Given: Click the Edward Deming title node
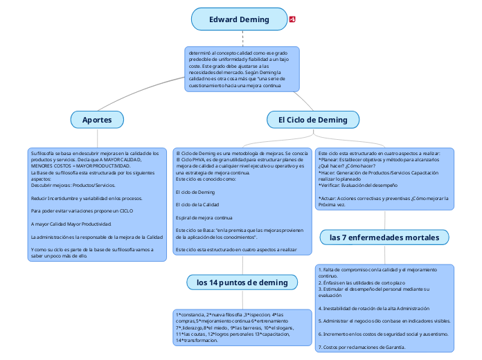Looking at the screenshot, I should click(239, 19).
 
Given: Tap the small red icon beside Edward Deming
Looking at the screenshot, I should click(293, 19).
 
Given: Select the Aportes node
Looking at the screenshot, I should click(97, 120).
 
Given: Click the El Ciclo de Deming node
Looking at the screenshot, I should click(313, 120).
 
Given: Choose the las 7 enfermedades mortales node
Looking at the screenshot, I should click(384, 237).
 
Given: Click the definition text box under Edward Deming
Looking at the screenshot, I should click(242, 69).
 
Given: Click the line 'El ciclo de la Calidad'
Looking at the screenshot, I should click(197, 205).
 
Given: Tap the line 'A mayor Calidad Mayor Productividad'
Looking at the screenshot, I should click(71, 224).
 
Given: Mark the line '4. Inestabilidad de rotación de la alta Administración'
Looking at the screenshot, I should click(373, 308).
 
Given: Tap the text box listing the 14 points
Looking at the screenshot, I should click(242, 327).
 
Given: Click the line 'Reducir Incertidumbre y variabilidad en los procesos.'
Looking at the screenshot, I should click(87, 198).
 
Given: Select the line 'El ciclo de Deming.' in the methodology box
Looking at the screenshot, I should click(196, 192).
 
